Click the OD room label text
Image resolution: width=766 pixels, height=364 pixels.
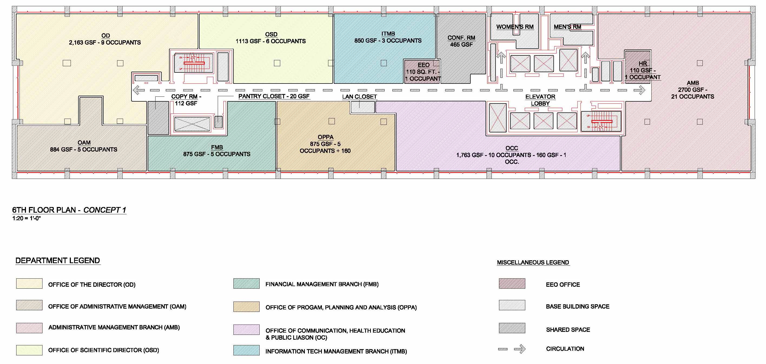(105, 39)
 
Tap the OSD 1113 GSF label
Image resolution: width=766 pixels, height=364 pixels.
(270, 38)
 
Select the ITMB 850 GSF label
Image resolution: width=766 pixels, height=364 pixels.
(388, 37)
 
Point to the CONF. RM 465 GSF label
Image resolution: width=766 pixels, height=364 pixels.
(461, 41)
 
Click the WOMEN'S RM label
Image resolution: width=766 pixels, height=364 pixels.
(515, 27)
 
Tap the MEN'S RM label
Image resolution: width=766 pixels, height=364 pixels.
(567, 27)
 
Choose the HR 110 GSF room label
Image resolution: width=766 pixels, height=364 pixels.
(643, 71)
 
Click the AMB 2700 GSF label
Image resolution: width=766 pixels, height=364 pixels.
(692, 90)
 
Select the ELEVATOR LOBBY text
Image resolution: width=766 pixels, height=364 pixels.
(540, 100)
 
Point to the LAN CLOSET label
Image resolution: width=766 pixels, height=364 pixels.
(359, 96)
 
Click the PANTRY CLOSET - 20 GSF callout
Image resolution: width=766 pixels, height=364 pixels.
(274, 96)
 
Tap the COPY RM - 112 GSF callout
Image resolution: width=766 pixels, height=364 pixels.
(186, 100)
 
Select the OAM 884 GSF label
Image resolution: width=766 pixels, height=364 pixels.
(84, 146)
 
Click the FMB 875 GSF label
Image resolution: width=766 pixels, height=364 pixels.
(216, 151)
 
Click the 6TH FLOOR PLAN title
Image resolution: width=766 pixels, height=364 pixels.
(69, 210)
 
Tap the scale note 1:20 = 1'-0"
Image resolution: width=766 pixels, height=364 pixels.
(27, 218)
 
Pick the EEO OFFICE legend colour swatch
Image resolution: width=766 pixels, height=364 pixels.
(512, 283)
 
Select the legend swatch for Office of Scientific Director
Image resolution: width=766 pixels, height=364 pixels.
(29, 350)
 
